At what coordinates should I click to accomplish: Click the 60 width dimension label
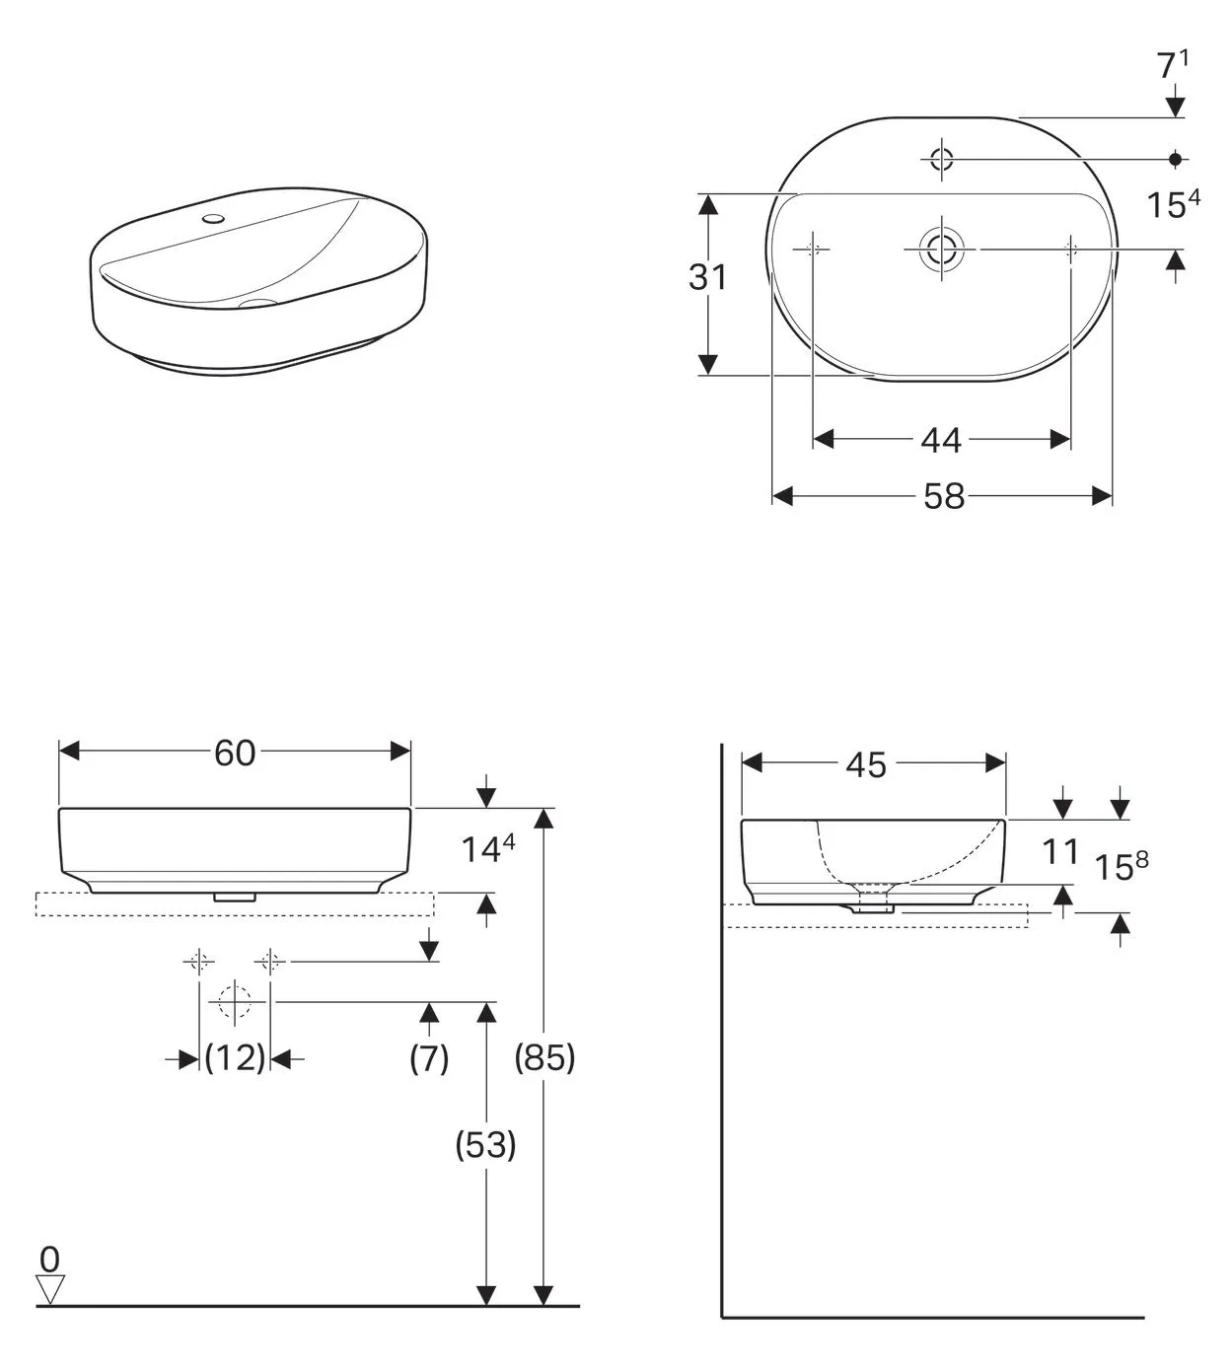235,753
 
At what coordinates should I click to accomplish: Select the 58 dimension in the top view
943,496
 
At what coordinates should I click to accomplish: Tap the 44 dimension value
941,440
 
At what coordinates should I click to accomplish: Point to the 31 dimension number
708,278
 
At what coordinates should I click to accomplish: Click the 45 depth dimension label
865,764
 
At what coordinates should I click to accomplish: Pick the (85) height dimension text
544,1057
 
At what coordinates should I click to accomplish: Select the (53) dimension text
485,1144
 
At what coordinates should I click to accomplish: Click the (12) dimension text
235,1057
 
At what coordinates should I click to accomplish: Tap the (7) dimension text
429,1057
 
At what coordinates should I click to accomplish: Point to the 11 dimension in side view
1061,851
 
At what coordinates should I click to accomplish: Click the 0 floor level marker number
49,1259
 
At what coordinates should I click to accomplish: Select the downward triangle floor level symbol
49,1288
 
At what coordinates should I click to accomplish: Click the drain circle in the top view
941,250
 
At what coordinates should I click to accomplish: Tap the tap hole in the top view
941,158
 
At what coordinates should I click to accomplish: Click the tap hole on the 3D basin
212,216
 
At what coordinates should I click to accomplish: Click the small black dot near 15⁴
1174,158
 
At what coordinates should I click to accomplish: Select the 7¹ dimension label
1172,65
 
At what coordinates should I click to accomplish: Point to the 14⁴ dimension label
488,849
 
